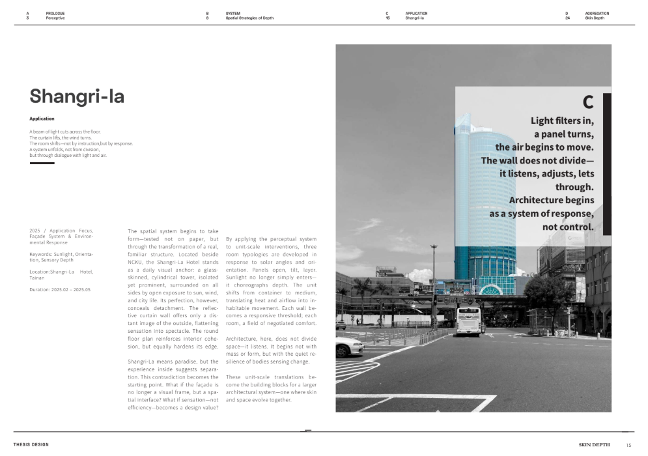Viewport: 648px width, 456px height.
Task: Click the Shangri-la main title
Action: pos(77,96)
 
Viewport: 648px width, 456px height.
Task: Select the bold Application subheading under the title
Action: pos(42,119)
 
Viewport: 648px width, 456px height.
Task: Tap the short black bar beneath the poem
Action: pos(42,163)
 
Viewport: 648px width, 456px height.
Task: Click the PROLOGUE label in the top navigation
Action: pos(55,13)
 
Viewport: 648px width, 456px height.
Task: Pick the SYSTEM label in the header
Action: pos(232,13)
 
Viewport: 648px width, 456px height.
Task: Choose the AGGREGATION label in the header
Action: pos(597,13)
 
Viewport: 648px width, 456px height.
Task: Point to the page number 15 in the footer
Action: pos(628,445)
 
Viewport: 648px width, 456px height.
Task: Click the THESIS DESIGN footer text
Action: pos(31,445)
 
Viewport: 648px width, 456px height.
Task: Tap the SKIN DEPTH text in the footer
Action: pos(594,445)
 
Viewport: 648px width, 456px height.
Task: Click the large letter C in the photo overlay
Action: pos(587,102)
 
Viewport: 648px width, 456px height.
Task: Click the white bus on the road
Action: pos(468,321)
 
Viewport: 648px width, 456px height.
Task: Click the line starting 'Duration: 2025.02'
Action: pos(60,289)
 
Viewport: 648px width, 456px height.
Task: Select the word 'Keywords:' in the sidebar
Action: pos(43,254)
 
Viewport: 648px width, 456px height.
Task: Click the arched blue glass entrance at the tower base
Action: pos(491,289)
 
